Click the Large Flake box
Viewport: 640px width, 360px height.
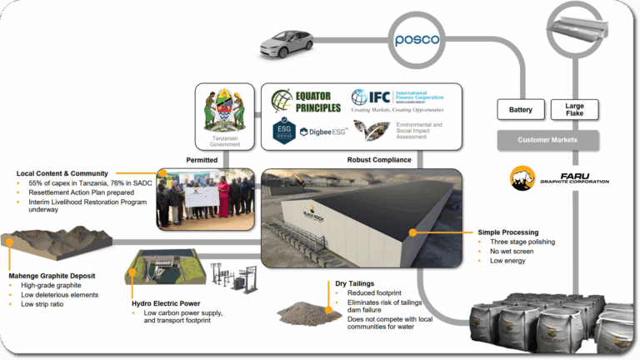click(574, 109)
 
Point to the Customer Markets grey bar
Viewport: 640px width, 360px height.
click(547, 139)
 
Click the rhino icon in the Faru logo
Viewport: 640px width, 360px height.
click(522, 178)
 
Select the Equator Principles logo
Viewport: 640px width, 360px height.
click(306, 101)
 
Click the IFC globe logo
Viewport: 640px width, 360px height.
click(360, 97)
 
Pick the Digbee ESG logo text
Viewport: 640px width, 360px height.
click(322, 132)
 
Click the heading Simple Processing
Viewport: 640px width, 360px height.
click(508, 232)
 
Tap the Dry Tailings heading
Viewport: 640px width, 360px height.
click(355, 284)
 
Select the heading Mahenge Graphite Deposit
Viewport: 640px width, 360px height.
click(52, 276)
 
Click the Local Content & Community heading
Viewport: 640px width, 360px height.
click(62, 173)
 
